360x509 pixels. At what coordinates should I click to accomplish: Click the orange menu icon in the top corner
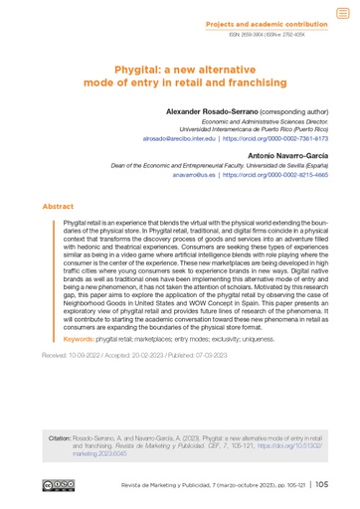tap(343, 12)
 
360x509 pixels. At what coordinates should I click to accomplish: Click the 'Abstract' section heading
tap(58, 207)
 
